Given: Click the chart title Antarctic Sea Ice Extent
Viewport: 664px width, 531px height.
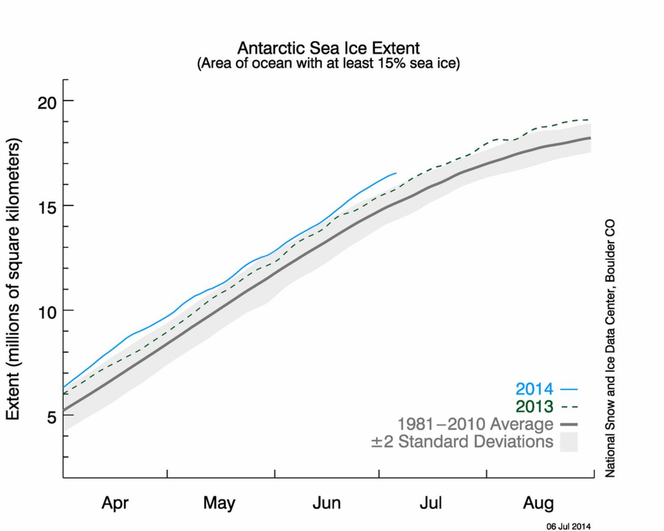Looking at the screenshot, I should [328, 48].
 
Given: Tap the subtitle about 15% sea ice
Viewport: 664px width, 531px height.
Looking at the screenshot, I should [328, 64].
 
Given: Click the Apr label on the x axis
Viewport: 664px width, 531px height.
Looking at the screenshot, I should [115, 502].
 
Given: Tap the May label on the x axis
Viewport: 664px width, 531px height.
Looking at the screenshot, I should [219, 502].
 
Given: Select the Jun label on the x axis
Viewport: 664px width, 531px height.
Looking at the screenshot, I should [326, 502].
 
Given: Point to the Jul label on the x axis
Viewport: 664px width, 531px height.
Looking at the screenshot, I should [431, 502].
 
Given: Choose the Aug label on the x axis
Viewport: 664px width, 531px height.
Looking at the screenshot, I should [538, 502].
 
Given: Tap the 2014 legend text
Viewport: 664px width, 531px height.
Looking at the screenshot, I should [534, 389].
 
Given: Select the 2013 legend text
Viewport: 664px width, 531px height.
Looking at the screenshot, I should [534, 407].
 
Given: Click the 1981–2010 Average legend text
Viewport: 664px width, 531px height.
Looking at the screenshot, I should [475, 424].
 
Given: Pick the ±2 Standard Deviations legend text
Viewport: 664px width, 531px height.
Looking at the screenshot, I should [462, 442].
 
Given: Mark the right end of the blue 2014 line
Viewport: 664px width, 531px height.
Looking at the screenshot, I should [396, 173].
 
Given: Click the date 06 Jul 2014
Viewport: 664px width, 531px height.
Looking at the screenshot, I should [568, 526].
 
